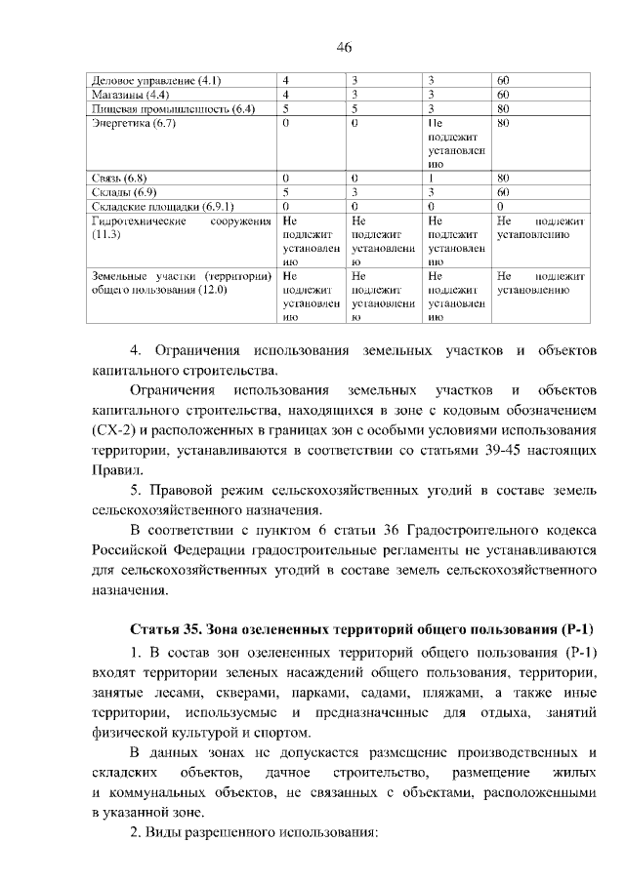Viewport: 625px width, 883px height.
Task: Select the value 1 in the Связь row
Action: [431, 179]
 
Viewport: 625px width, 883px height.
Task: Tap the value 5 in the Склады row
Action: [284, 193]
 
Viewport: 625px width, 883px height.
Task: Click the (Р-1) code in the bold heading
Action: [577, 624]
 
